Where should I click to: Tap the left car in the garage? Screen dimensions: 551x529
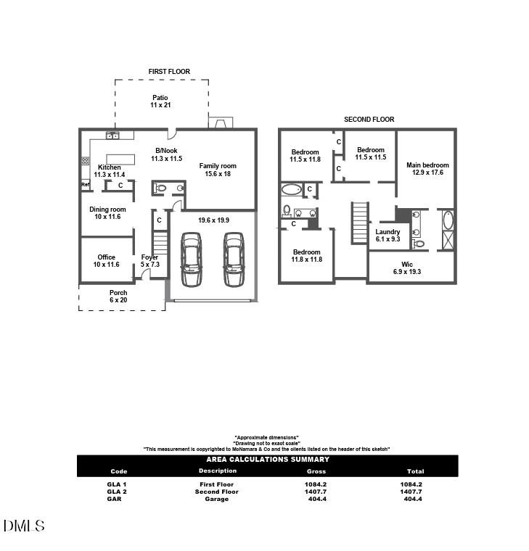pyautogui.click(x=191, y=259)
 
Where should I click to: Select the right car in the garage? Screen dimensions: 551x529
pyautogui.click(x=234, y=259)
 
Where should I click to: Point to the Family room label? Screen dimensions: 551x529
pyautogui.click(x=218, y=170)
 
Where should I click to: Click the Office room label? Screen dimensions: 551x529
pyautogui.click(x=107, y=261)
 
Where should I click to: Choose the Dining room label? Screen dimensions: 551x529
pyautogui.click(x=107, y=213)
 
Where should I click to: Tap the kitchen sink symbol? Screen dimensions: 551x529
pyautogui.click(x=112, y=135)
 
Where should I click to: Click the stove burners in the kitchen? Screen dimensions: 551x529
pyautogui.click(x=85, y=161)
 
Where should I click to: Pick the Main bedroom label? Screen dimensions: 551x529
pyautogui.click(x=427, y=169)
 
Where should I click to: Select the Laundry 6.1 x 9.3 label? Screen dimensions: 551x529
pyautogui.click(x=387, y=236)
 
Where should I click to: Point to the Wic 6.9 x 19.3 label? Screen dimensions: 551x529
pyautogui.click(x=407, y=268)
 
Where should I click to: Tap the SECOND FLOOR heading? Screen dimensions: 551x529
pyautogui.click(x=369, y=120)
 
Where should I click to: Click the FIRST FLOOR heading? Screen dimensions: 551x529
pyautogui.click(x=169, y=72)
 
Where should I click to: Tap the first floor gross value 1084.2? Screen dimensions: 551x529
pyautogui.click(x=316, y=484)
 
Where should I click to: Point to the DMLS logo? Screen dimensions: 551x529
pyautogui.click(x=24, y=526)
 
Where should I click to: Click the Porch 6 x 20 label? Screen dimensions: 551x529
pyautogui.click(x=118, y=296)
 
